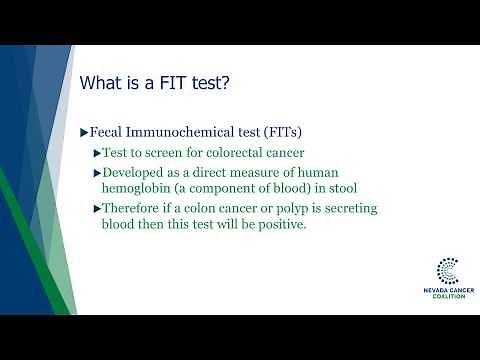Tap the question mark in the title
coord(228,83)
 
